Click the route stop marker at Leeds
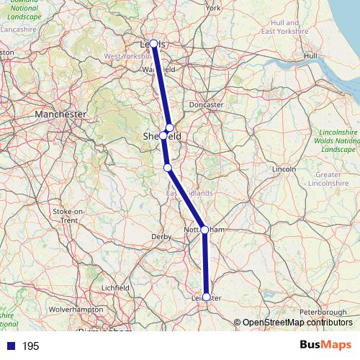pyautogui.click(x=153, y=44)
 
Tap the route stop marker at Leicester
pyautogui.click(x=207, y=297)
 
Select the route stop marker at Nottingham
pyautogui.click(x=204, y=230)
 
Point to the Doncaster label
pyautogui.click(x=206, y=104)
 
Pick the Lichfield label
pyautogui.click(x=115, y=287)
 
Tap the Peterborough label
pyautogui.click(x=322, y=312)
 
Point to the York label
pyautogui.click(x=213, y=9)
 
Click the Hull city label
pyautogui.click(x=310, y=55)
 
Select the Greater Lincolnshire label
pyautogui.click(x=328, y=179)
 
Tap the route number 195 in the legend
pyautogui.click(x=30, y=346)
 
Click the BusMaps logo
pyautogui.click(x=325, y=345)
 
